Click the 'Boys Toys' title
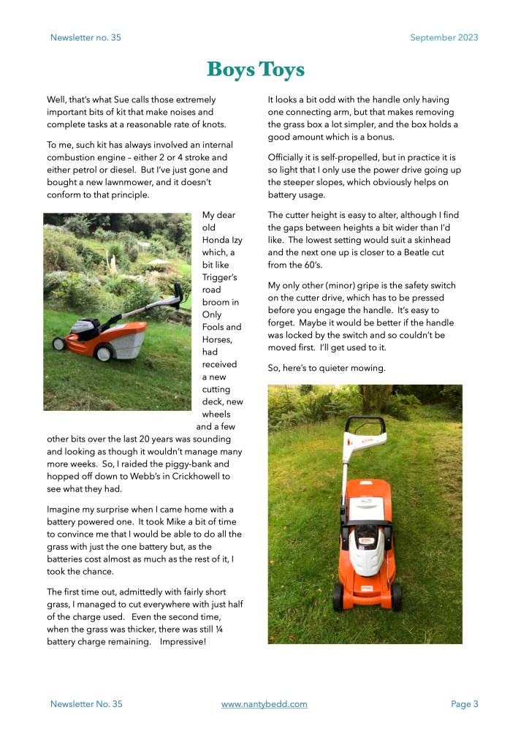(x=255, y=69)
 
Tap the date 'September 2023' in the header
(x=444, y=37)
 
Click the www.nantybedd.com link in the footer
(x=264, y=704)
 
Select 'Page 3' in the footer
(x=464, y=704)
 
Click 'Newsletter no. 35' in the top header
(x=85, y=37)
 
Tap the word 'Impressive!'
(x=179, y=642)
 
